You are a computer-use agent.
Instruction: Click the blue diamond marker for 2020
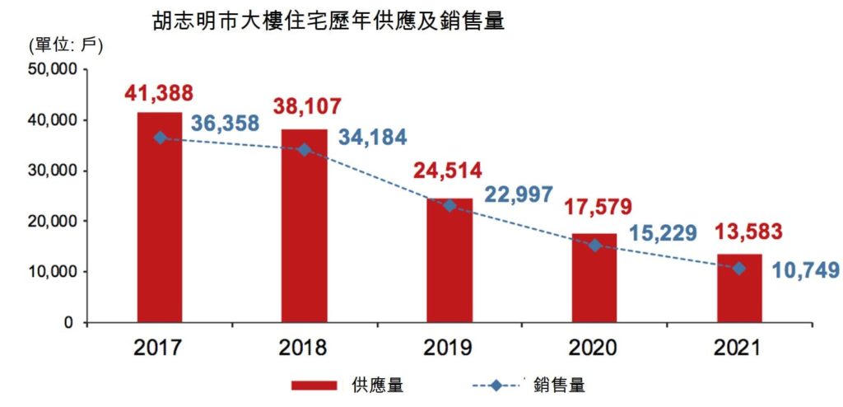point(594,246)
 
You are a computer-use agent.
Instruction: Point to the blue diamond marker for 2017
point(160,138)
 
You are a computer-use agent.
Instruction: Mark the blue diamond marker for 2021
point(738,268)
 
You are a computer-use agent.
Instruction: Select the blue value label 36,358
point(226,124)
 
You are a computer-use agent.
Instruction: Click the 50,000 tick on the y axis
point(53,70)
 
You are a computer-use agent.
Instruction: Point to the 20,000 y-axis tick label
point(53,221)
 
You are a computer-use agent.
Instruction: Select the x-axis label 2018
point(304,348)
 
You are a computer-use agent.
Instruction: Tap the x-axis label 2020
point(594,348)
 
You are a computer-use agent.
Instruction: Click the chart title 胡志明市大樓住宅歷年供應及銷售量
point(328,21)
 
